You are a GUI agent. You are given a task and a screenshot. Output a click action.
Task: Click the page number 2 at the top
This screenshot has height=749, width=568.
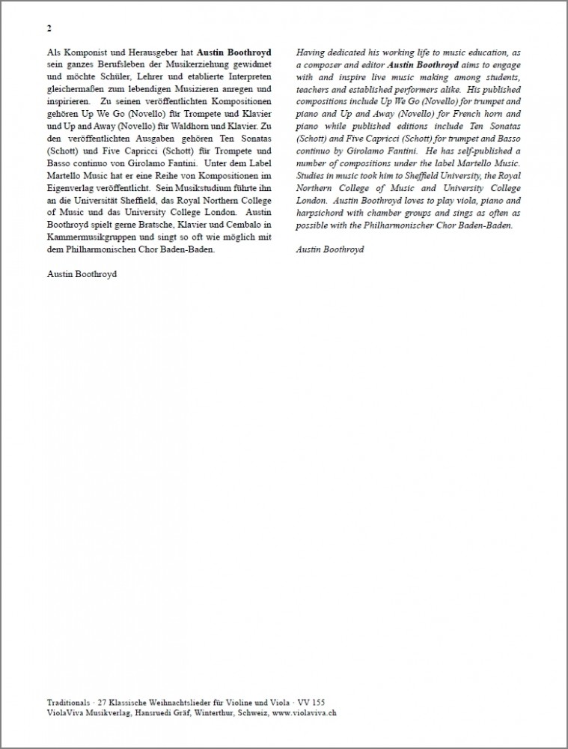point(49,29)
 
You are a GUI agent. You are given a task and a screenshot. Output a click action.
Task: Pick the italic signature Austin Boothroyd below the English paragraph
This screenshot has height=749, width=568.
point(330,249)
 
